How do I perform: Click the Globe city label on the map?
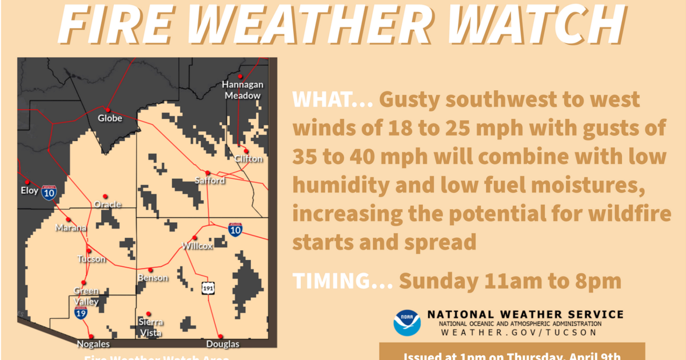(x=110, y=118)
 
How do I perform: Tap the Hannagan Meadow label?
(x=242, y=90)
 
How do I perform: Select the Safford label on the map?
(x=210, y=181)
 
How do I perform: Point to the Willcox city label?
(x=197, y=246)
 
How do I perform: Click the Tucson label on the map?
(x=91, y=259)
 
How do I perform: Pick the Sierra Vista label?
(x=150, y=327)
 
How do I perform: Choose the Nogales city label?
(x=93, y=344)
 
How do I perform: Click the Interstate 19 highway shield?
(x=81, y=312)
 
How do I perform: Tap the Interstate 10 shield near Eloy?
(x=49, y=193)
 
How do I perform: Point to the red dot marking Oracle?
(x=105, y=196)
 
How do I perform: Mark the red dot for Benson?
(x=150, y=270)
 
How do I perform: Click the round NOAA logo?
(x=407, y=322)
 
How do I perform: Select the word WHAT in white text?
(x=324, y=101)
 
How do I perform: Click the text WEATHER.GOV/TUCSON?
(x=519, y=333)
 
